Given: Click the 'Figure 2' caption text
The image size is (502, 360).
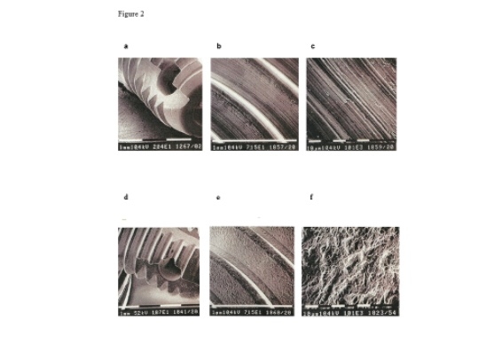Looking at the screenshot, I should point(131,15).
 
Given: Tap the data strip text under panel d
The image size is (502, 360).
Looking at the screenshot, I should point(163,312).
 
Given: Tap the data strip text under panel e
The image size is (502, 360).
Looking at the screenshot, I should point(255,312).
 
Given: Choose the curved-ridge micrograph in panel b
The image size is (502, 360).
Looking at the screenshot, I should point(255,98).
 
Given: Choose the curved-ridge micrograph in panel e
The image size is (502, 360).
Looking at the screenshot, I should point(255,266).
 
